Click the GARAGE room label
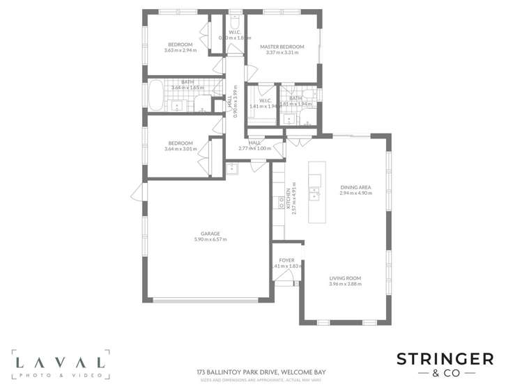[x=210, y=234]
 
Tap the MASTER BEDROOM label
[x=282, y=47]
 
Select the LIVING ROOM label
[x=345, y=278]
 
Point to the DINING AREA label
[x=355, y=187]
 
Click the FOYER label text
[x=286, y=260]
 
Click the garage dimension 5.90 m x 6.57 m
[x=210, y=240]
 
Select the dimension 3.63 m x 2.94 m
[x=181, y=50]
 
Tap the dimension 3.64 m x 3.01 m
[x=181, y=149]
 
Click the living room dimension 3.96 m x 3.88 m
[x=345, y=285]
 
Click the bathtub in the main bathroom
[x=155, y=95]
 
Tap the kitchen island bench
[x=317, y=192]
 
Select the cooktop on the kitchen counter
[x=281, y=202]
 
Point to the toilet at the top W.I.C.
[x=235, y=22]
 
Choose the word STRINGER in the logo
[x=445, y=359]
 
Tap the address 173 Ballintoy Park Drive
[x=261, y=372]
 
